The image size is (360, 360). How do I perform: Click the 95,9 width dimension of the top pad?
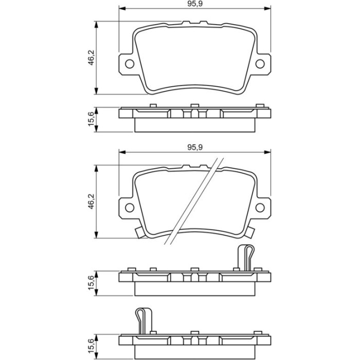coord(195,4)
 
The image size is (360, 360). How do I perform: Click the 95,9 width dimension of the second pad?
coord(195,147)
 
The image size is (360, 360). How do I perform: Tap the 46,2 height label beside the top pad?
coord(92,58)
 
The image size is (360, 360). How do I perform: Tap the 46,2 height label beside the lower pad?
coord(92,202)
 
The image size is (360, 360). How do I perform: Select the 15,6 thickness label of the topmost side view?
coord(92,118)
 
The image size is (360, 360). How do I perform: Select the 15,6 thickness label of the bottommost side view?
coord(92,346)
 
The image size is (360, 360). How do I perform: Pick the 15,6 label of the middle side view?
coord(92,282)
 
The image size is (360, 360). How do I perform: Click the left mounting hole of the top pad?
coord(130,64)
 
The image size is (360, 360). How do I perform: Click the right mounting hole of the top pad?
coord(260,64)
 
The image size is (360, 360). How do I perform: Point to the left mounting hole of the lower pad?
coord(130,208)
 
